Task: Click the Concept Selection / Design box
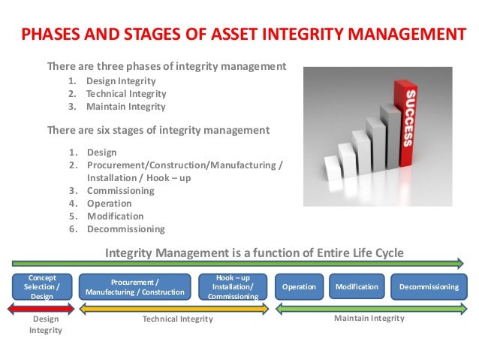(43, 286)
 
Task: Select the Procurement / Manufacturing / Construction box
(135, 287)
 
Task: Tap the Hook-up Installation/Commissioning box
(233, 287)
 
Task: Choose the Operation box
(300, 287)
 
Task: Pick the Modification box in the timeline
(357, 287)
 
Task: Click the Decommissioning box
(428, 287)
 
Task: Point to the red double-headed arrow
(43, 307)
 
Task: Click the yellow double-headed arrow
(173, 307)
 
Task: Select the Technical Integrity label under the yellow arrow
(177, 319)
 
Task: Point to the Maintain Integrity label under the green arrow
(369, 319)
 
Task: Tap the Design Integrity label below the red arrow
(43, 325)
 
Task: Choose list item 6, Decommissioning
(125, 229)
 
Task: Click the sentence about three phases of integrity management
(167, 66)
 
